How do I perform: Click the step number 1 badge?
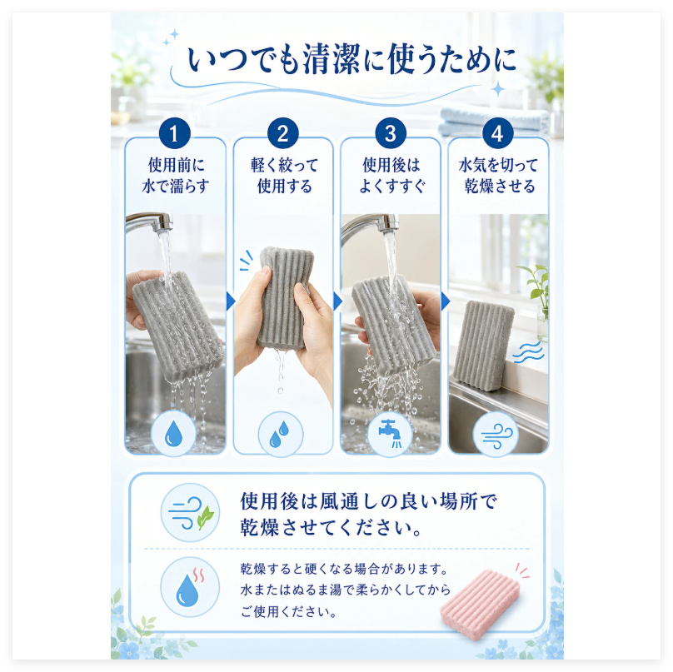click(x=174, y=133)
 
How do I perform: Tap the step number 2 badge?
click(x=282, y=133)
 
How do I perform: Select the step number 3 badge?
click(x=390, y=133)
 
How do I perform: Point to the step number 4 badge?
click(x=497, y=133)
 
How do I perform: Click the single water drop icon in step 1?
click(x=174, y=433)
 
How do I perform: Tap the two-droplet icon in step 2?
click(x=280, y=433)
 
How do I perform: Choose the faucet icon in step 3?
click(x=390, y=433)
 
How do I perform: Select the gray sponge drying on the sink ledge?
click(x=482, y=346)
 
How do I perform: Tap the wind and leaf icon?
click(x=190, y=512)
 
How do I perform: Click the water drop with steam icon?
click(x=190, y=586)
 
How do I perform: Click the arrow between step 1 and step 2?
click(x=231, y=301)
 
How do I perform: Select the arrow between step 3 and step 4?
click(x=445, y=301)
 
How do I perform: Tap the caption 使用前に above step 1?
click(x=176, y=165)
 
